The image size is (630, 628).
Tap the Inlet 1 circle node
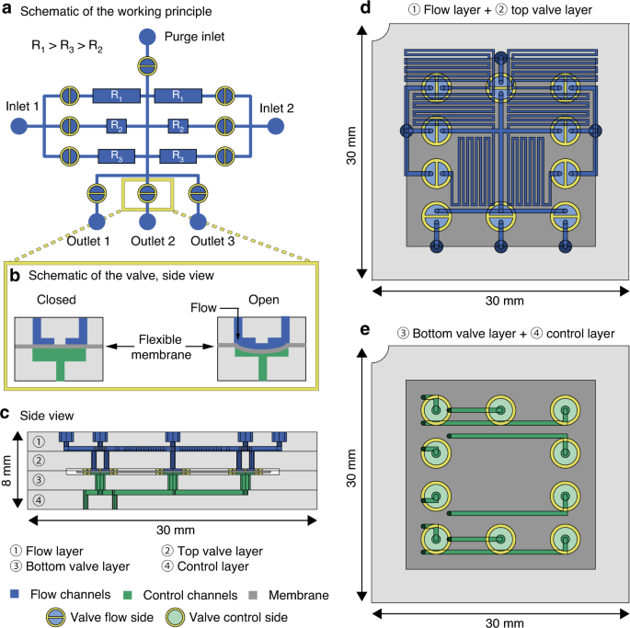(17, 125)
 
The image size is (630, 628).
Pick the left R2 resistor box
(115, 125)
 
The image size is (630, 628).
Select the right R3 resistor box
(178, 155)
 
